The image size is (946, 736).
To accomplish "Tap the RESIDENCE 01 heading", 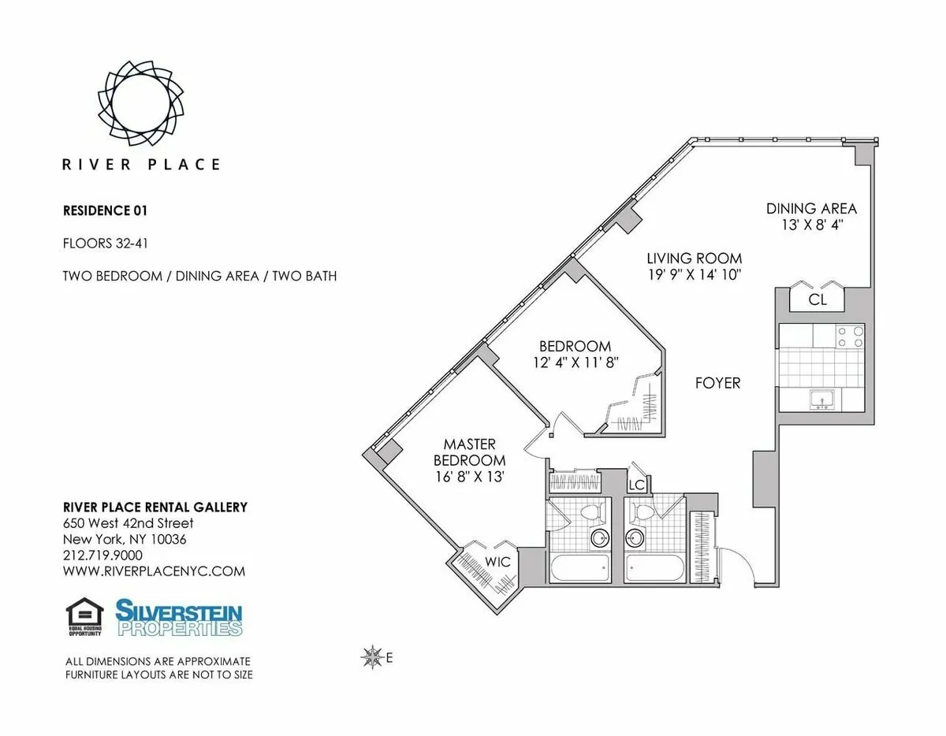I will point(105,210).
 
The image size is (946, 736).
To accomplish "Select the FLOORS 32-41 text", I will point(106,243).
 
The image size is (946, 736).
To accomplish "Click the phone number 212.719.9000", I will point(102,556).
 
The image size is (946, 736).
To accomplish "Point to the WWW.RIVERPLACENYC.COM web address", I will point(154,571).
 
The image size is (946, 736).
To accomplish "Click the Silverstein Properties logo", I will point(179,618).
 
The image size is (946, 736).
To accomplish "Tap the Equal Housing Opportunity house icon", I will point(84,617).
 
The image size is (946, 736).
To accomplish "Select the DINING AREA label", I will point(811,209).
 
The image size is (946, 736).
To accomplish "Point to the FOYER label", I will point(717,383).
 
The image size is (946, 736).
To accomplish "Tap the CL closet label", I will point(818,299).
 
